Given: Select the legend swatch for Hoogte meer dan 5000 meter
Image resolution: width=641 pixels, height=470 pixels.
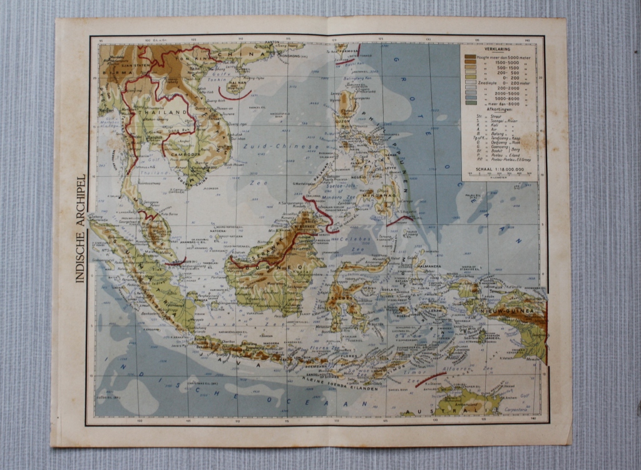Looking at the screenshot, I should (x=470, y=56).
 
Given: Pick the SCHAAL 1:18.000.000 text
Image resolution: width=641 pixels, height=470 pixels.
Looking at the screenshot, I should (x=499, y=168).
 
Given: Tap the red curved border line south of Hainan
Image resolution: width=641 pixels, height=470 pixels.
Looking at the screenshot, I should (x=235, y=95).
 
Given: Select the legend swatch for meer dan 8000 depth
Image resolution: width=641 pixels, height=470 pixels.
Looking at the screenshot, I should (x=470, y=103).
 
